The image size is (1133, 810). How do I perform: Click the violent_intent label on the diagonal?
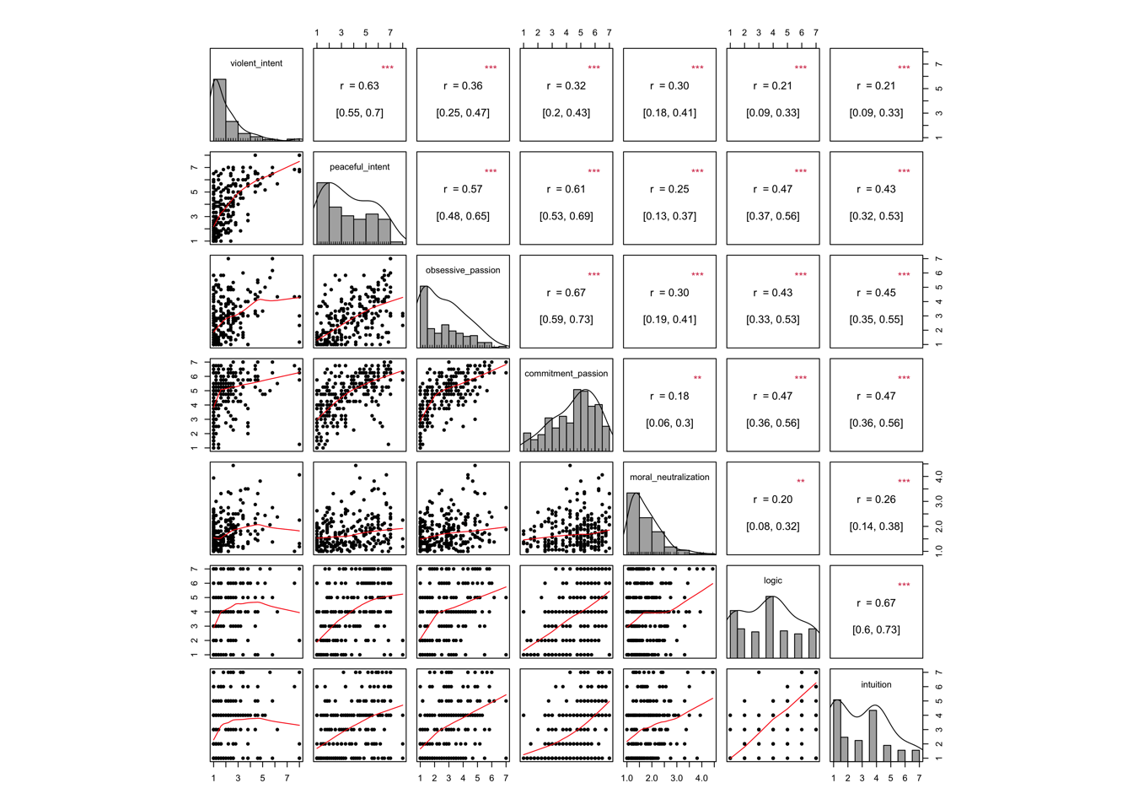click(x=256, y=63)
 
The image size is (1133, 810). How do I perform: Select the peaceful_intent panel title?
click(x=359, y=167)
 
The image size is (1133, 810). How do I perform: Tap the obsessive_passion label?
click(x=463, y=270)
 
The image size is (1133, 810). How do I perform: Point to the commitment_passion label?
click(x=566, y=374)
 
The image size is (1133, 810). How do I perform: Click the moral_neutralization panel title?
click(x=669, y=478)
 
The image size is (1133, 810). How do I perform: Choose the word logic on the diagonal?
click(x=772, y=580)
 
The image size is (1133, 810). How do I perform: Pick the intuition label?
click(x=876, y=684)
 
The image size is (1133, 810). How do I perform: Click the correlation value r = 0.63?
click(x=359, y=86)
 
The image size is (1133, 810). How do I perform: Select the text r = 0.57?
click(x=463, y=189)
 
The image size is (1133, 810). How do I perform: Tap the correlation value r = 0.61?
click(x=566, y=189)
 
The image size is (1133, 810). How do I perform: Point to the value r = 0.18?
click(x=669, y=396)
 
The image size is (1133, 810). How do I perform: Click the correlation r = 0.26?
click(x=876, y=499)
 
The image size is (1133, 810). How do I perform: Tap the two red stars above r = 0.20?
click(x=801, y=482)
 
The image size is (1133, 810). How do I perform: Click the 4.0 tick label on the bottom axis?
click(x=701, y=778)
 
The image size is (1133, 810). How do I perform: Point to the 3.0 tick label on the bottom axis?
click(x=677, y=778)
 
